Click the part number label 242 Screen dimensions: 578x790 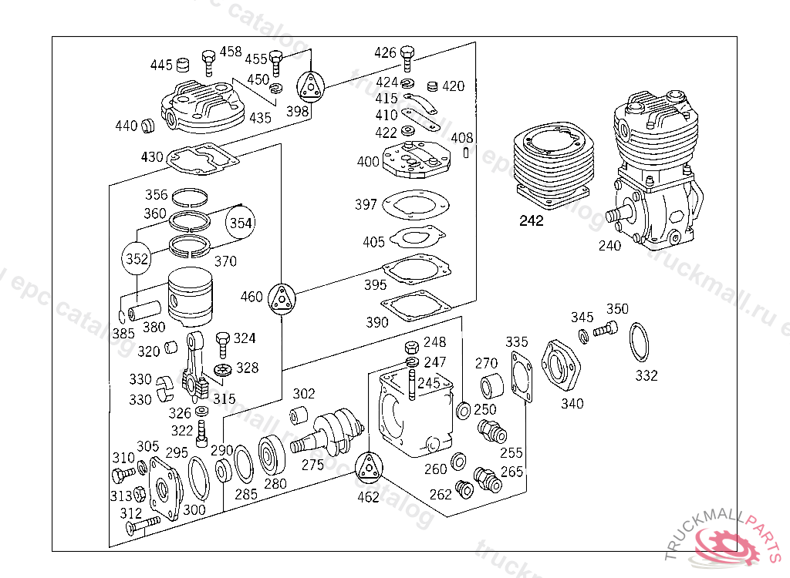point(532,221)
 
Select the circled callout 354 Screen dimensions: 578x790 point(241,223)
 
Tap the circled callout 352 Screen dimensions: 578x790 point(137,259)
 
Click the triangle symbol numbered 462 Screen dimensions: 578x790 point(369,469)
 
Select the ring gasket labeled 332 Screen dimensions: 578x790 point(640,342)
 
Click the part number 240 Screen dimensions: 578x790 point(609,246)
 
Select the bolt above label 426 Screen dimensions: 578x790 point(408,55)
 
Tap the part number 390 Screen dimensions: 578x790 point(377,322)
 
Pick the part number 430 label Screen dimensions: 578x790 point(152,157)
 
